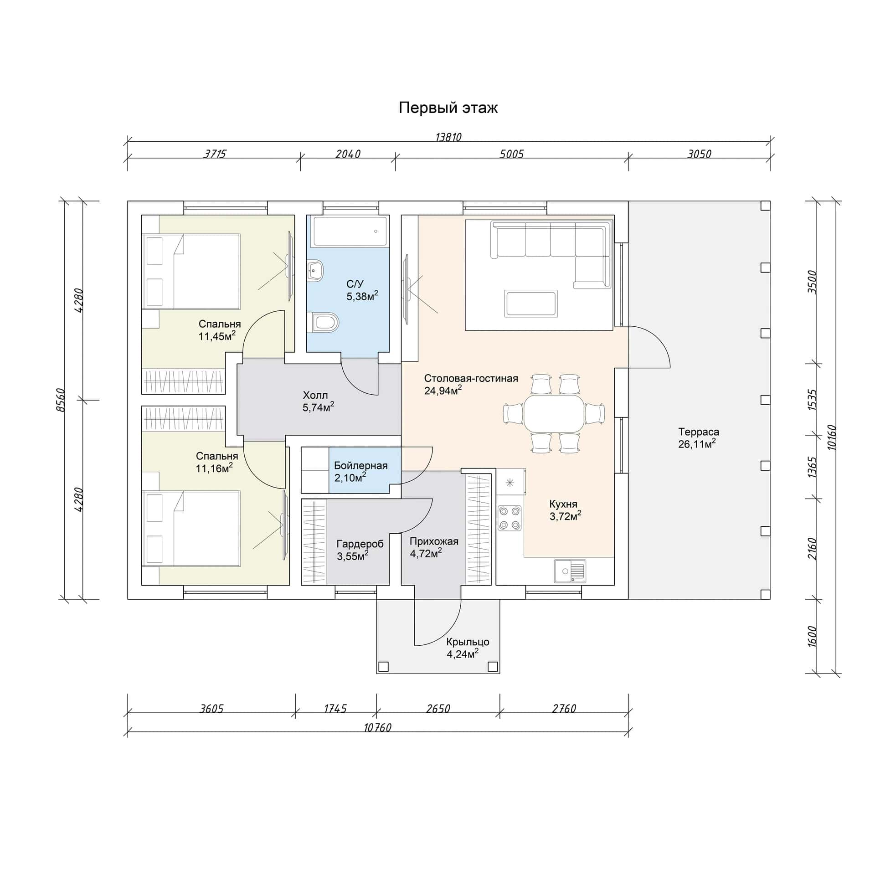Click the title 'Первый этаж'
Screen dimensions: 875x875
[448, 108]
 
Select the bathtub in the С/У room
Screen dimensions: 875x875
[349, 231]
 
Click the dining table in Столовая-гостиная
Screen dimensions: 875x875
[554, 413]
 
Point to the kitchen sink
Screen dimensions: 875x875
[570, 571]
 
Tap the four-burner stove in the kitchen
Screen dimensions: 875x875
[510, 518]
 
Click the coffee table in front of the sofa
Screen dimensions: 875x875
[531, 304]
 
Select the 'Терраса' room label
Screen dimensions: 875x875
[699, 432]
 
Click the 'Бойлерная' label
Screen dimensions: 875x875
[360, 465]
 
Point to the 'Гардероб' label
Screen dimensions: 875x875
[360, 544]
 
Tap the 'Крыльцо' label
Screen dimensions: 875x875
[468, 642]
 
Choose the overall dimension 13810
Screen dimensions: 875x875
[448, 137]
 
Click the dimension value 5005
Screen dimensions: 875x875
[511, 154]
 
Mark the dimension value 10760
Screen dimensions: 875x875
[377, 728]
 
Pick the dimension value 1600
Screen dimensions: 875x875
[812, 636]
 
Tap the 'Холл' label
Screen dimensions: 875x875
[315, 395]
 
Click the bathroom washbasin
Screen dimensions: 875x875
[315, 271]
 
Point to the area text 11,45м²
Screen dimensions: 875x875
[217, 336]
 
